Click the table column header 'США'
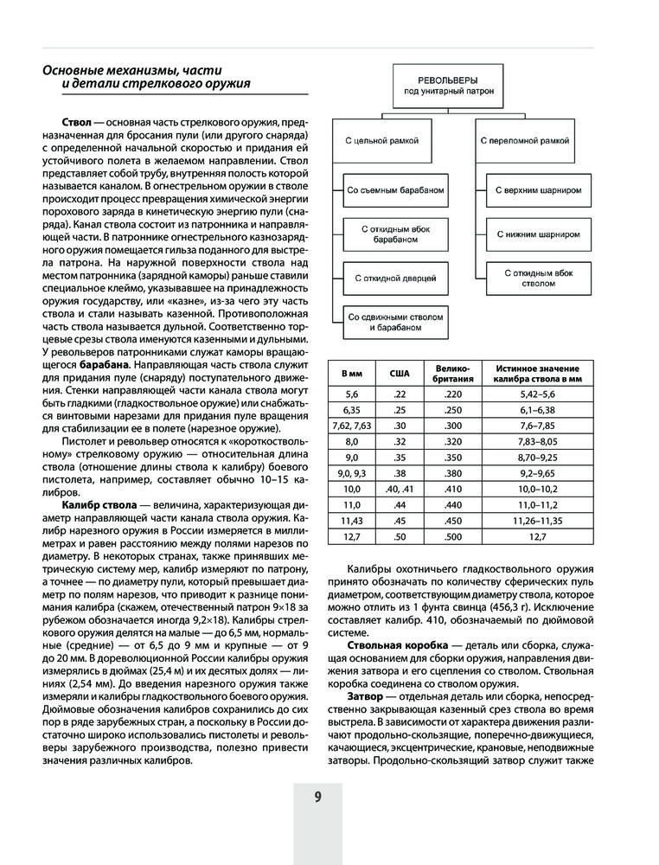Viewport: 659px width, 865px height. pyautogui.click(x=400, y=372)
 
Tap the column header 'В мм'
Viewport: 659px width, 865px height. pyautogui.click(x=352, y=372)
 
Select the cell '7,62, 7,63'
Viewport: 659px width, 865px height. pyautogui.click(x=352, y=425)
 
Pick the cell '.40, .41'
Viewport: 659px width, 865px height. pyautogui.click(x=400, y=489)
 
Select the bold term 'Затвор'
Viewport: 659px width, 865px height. pyautogui.click(x=365, y=696)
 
